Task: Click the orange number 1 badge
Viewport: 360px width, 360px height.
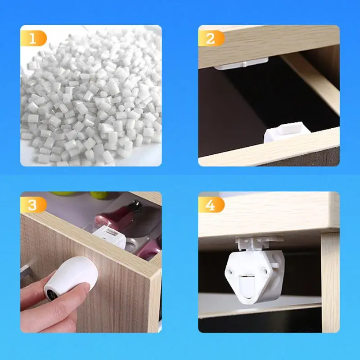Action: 33,38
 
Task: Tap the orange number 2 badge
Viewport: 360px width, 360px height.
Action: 211,38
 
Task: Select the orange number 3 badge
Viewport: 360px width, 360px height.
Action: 33,205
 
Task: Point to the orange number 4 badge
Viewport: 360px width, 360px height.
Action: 211,205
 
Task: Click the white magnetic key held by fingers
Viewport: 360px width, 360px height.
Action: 72,275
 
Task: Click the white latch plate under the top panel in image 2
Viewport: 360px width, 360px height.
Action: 241,63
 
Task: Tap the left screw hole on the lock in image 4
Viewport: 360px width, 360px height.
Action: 229,273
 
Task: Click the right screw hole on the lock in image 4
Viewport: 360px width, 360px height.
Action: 265,272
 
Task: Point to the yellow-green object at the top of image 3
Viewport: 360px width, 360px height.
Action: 99,195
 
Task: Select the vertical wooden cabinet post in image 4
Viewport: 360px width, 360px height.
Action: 330,283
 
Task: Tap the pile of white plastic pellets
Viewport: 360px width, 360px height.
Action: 91,96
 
